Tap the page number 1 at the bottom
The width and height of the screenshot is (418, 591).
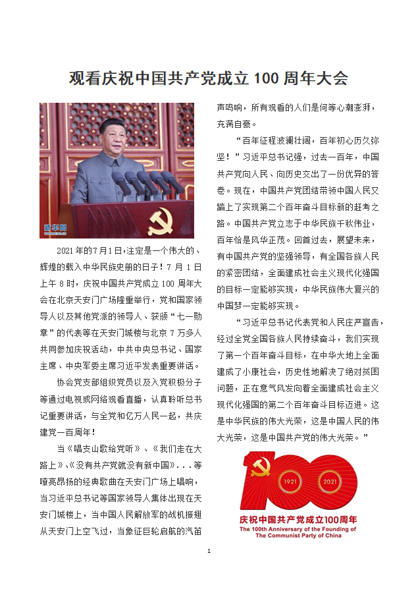click(x=209, y=549)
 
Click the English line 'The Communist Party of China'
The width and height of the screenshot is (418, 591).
click(x=298, y=536)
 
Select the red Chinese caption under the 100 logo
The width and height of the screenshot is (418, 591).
click(x=298, y=519)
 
